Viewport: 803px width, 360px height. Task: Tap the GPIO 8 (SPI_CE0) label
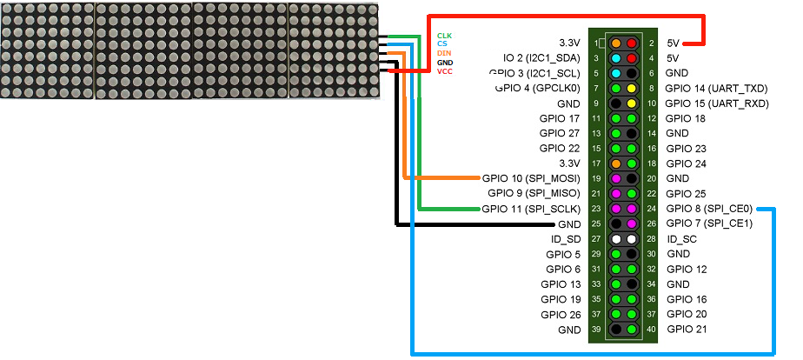[x=709, y=209]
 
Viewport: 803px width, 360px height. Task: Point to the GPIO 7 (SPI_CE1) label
[x=709, y=223]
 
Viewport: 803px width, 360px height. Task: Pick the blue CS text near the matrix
[x=441, y=43]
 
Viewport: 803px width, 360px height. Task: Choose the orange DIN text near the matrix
[x=443, y=53]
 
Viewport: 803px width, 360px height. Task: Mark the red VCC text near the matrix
[x=444, y=71]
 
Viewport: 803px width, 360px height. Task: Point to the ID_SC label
[x=683, y=239]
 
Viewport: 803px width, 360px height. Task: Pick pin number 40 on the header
[x=650, y=330]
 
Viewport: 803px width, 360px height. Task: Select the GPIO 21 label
[x=687, y=330]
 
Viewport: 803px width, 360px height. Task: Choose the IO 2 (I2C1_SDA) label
[x=541, y=57]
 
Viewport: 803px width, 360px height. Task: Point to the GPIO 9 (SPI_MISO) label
[x=534, y=193]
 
